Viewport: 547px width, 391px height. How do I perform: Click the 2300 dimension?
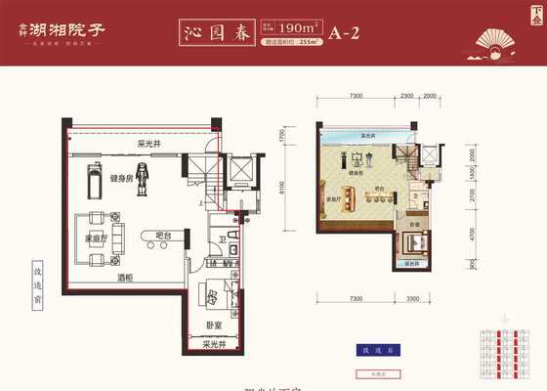point(406,97)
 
